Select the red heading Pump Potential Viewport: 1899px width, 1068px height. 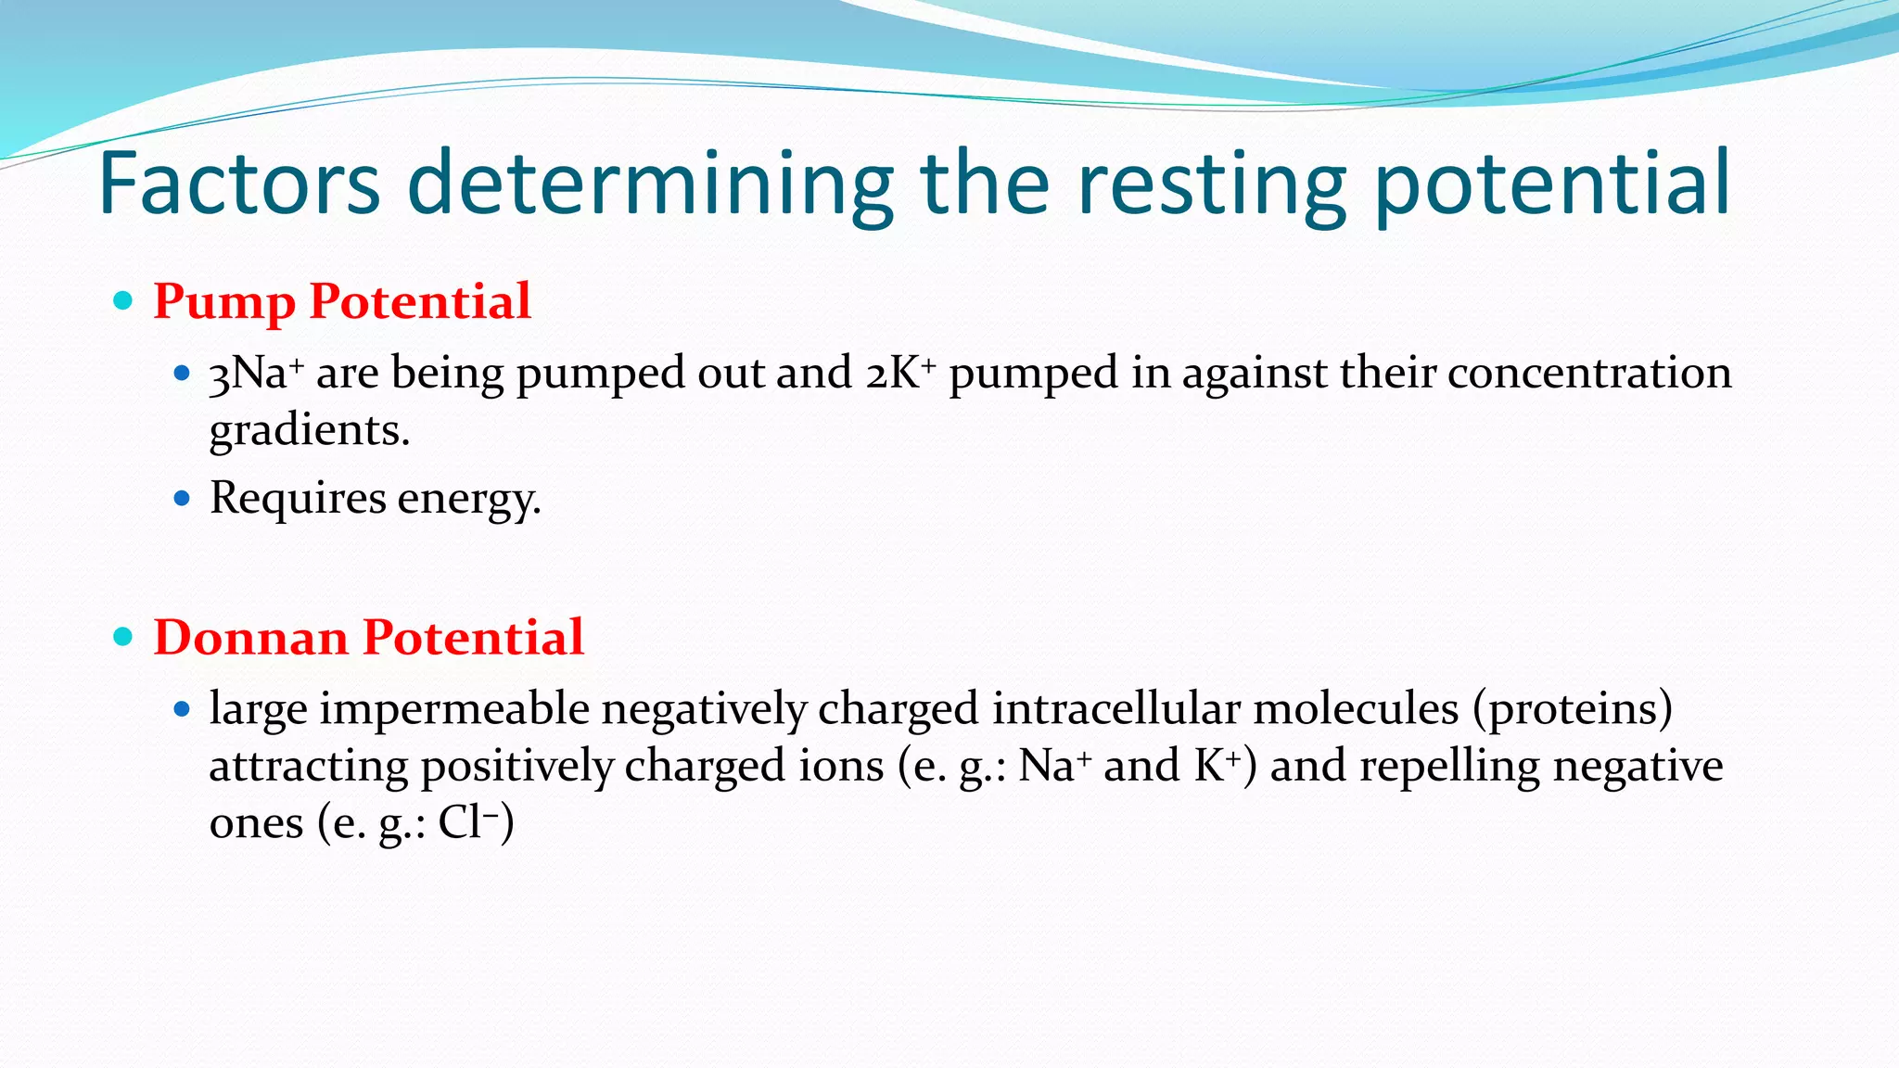pos(342,301)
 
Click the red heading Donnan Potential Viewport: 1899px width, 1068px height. pos(368,638)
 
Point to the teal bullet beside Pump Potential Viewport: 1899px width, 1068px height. pos(123,300)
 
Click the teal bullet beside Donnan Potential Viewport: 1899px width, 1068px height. pos(123,637)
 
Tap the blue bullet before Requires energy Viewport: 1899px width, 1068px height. pos(182,499)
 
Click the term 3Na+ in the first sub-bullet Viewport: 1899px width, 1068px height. pos(256,373)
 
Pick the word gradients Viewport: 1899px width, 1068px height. pos(309,430)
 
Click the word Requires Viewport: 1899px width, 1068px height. pos(298,499)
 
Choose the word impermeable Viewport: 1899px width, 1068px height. pos(454,709)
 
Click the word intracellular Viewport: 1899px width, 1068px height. pos(1115,709)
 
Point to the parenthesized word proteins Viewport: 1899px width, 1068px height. pos(1573,709)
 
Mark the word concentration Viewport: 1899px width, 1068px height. pos(1588,373)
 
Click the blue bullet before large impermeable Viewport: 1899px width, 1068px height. pos(182,710)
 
